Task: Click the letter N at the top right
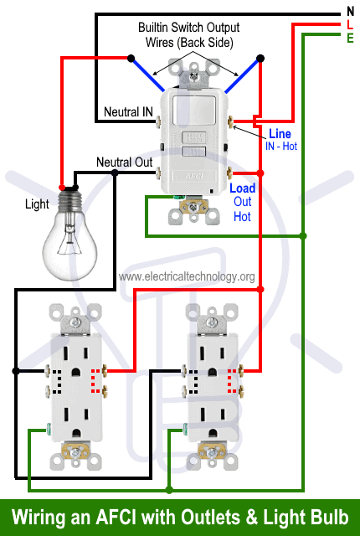coord(350,12)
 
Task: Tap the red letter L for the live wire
coord(350,24)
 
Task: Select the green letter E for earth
coord(350,38)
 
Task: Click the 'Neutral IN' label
coord(128,111)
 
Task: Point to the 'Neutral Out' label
coord(125,162)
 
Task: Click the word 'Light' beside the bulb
coord(37,204)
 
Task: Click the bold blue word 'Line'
coord(280,134)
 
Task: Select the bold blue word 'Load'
coord(243,188)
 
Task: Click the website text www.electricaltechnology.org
coord(187,276)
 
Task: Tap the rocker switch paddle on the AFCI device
coord(194,111)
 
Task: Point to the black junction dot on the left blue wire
coord(131,58)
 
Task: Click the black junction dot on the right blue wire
coord(260,59)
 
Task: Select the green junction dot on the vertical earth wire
coord(303,236)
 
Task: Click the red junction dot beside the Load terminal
coord(260,173)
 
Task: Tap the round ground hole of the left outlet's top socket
coord(75,372)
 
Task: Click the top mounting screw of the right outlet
coord(212,322)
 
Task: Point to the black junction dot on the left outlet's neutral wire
coord(16,371)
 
